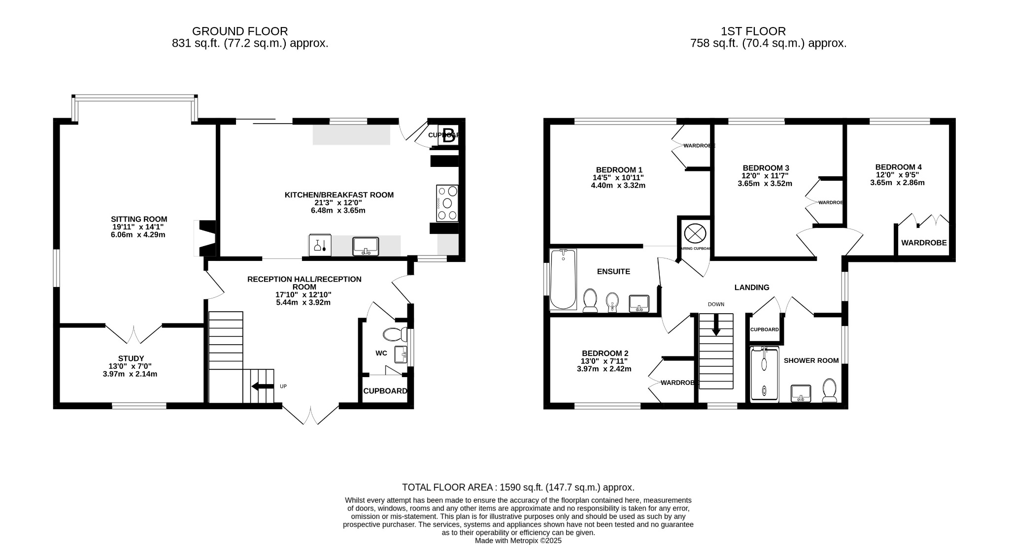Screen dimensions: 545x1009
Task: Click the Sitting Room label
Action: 138,219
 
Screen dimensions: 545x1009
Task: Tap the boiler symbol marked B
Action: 448,136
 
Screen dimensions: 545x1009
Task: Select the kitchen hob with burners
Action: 447,203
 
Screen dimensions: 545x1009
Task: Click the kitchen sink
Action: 365,246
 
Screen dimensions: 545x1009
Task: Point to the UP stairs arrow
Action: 262,386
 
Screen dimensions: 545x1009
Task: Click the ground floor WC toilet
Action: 395,335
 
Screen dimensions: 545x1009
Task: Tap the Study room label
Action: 131,358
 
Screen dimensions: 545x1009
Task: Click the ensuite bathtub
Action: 563,279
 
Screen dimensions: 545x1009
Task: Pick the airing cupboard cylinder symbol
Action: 695,233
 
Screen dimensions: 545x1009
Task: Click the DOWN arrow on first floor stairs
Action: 716,326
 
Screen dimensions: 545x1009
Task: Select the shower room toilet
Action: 830,390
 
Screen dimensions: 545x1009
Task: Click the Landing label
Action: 751,288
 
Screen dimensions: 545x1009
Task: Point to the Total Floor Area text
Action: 518,487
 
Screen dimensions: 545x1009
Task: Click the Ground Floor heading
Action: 240,32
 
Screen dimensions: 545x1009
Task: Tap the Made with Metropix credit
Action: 518,541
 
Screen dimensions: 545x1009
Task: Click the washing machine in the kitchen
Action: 320,245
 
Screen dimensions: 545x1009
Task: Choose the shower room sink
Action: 801,393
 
